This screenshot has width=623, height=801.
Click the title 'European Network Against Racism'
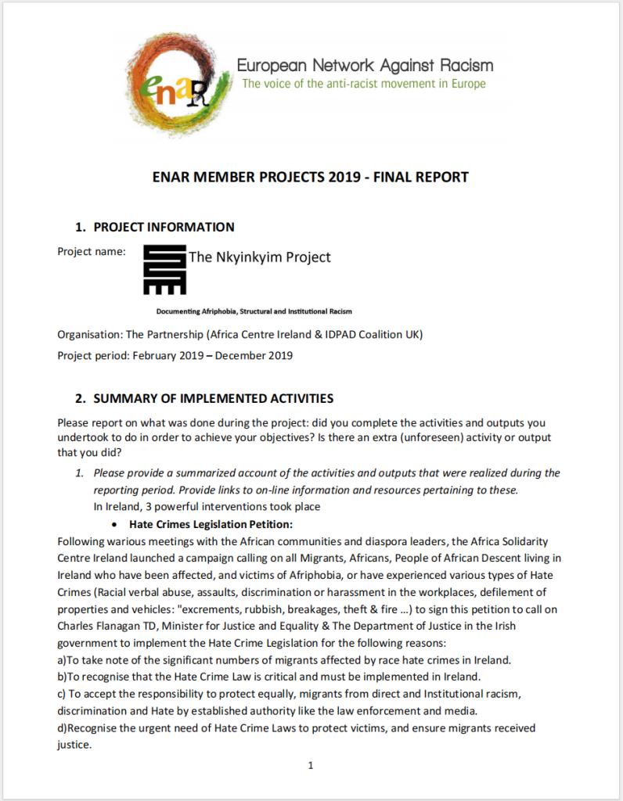(365, 65)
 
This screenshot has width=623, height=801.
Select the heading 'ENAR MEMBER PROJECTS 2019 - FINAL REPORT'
(311, 177)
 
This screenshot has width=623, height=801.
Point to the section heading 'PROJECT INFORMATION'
(164, 228)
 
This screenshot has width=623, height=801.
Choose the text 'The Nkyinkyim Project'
(260, 257)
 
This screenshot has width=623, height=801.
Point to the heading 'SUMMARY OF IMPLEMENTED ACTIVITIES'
(213, 398)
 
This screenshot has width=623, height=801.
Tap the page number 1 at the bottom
(311, 766)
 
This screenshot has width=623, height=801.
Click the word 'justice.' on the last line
(74, 744)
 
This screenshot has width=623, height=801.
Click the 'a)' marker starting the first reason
(63, 659)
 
